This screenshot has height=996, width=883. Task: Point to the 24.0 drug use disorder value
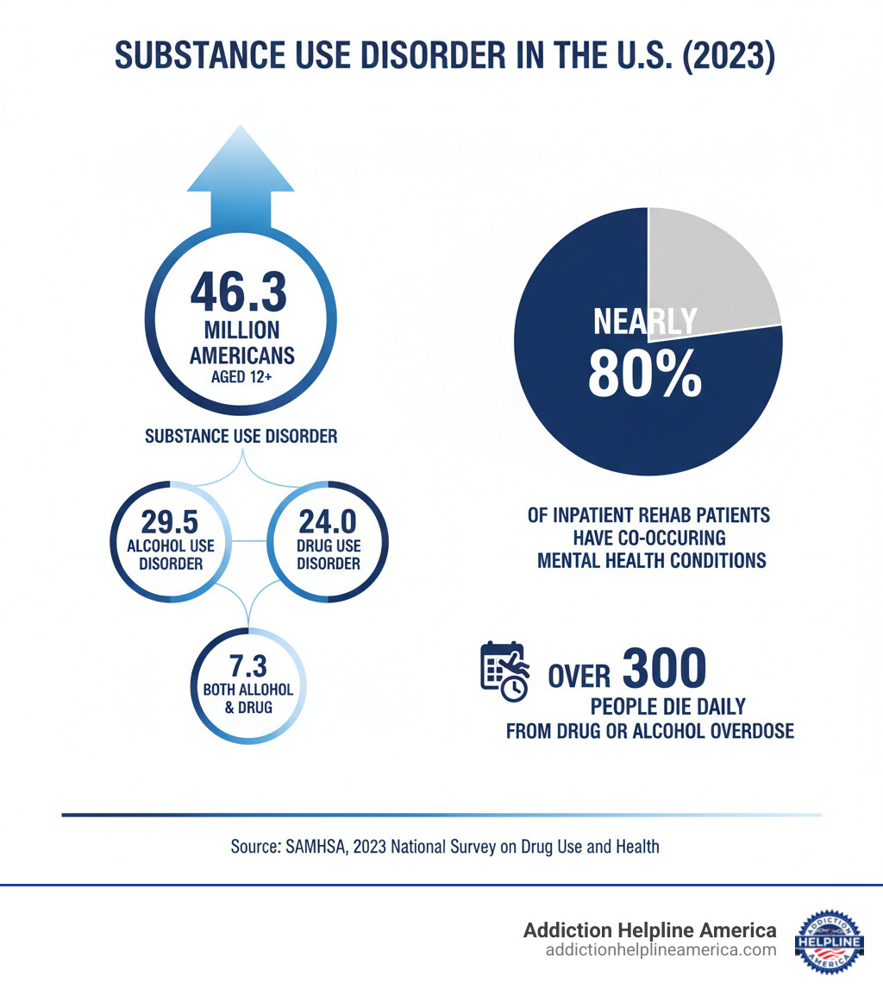tap(329, 521)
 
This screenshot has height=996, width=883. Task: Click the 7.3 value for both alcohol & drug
tap(248, 666)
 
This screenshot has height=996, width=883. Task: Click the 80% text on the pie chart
tap(644, 373)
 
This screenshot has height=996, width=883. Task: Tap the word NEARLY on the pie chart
tap(644, 322)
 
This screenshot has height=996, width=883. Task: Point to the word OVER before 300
tap(579, 675)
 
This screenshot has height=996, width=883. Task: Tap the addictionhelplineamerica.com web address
tap(661, 950)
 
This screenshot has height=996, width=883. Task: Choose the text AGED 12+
tap(241, 376)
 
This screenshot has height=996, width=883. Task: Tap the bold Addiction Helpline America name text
tap(649, 930)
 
